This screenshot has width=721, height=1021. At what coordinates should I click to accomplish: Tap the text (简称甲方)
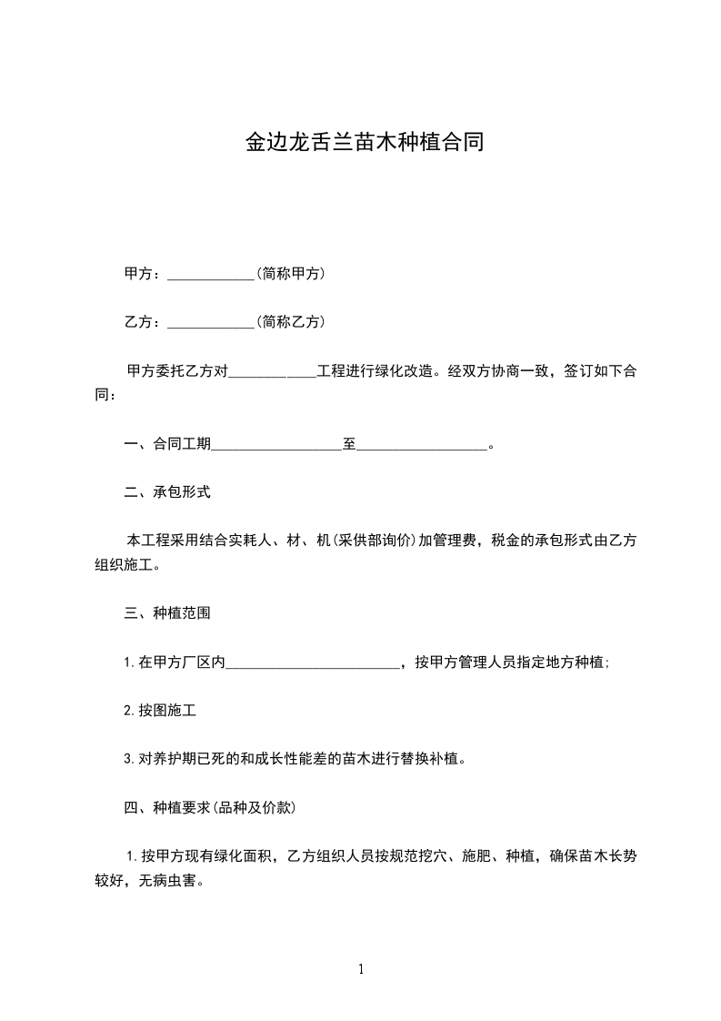pyautogui.click(x=291, y=273)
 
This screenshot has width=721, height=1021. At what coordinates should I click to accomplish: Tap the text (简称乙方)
pyautogui.click(x=291, y=321)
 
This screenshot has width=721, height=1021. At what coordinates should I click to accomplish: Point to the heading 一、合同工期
pyautogui.click(x=167, y=444)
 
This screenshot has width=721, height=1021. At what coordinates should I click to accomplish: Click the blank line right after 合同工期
pyautogui.click(x=276, y=446)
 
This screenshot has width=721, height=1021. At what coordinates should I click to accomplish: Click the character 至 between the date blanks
pyautogui.click(x=349, y=444)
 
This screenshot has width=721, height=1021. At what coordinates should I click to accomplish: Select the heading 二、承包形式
pyautogui.click(x=167, y=492)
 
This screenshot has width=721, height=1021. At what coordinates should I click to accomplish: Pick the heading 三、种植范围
pyautogui.click(x=167, y=613)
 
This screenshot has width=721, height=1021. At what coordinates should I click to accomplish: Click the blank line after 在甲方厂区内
pyautogui.click(x=312, y=664)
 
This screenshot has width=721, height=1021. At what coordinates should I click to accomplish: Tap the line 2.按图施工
pyautogui.click(x=160, y=710)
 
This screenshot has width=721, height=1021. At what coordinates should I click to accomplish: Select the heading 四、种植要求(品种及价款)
pyautogui.click(x=209, y=807)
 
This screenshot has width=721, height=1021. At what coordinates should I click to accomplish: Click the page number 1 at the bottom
pyautogui.click(x=361, y=970)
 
